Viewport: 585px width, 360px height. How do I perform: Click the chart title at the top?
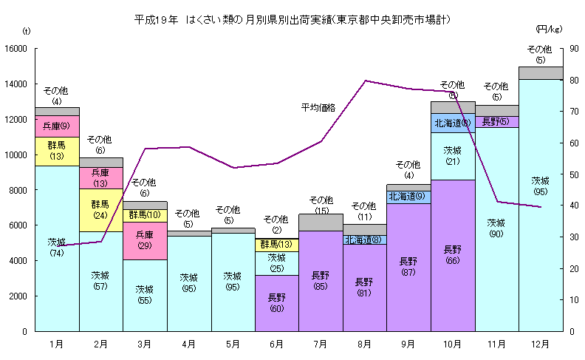click(x=293, y=18)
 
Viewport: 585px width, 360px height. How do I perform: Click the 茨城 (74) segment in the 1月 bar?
click(x=57, y=248)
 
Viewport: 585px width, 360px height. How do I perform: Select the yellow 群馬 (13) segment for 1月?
click(x=57, y=150)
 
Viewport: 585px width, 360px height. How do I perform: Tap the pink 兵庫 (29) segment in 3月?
click(x=145, y=240)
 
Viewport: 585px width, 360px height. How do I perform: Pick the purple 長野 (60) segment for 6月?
click(x=276, y=302)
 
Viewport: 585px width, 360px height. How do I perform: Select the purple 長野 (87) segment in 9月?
click(x=408, y=266)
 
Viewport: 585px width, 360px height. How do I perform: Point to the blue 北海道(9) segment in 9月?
click(x=408, y=197)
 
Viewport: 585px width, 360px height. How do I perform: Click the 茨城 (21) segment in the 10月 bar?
click(x=452, y=156)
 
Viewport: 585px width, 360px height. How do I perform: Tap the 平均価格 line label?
click(x=318, y=108)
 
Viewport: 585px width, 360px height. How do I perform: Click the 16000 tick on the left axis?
click(x=16, y=49)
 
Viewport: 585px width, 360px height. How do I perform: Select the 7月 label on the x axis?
click(x=320, y=344)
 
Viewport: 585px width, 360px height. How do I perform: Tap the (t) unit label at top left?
click(x=27, y=30)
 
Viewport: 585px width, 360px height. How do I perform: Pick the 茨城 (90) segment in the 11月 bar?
click(x=496, y=228)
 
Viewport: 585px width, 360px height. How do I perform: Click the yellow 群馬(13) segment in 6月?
click(x=276, y=245)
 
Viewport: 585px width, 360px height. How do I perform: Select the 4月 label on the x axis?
click(x=188, y=344)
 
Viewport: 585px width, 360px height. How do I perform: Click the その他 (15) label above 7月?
click(x=321, y=205)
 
